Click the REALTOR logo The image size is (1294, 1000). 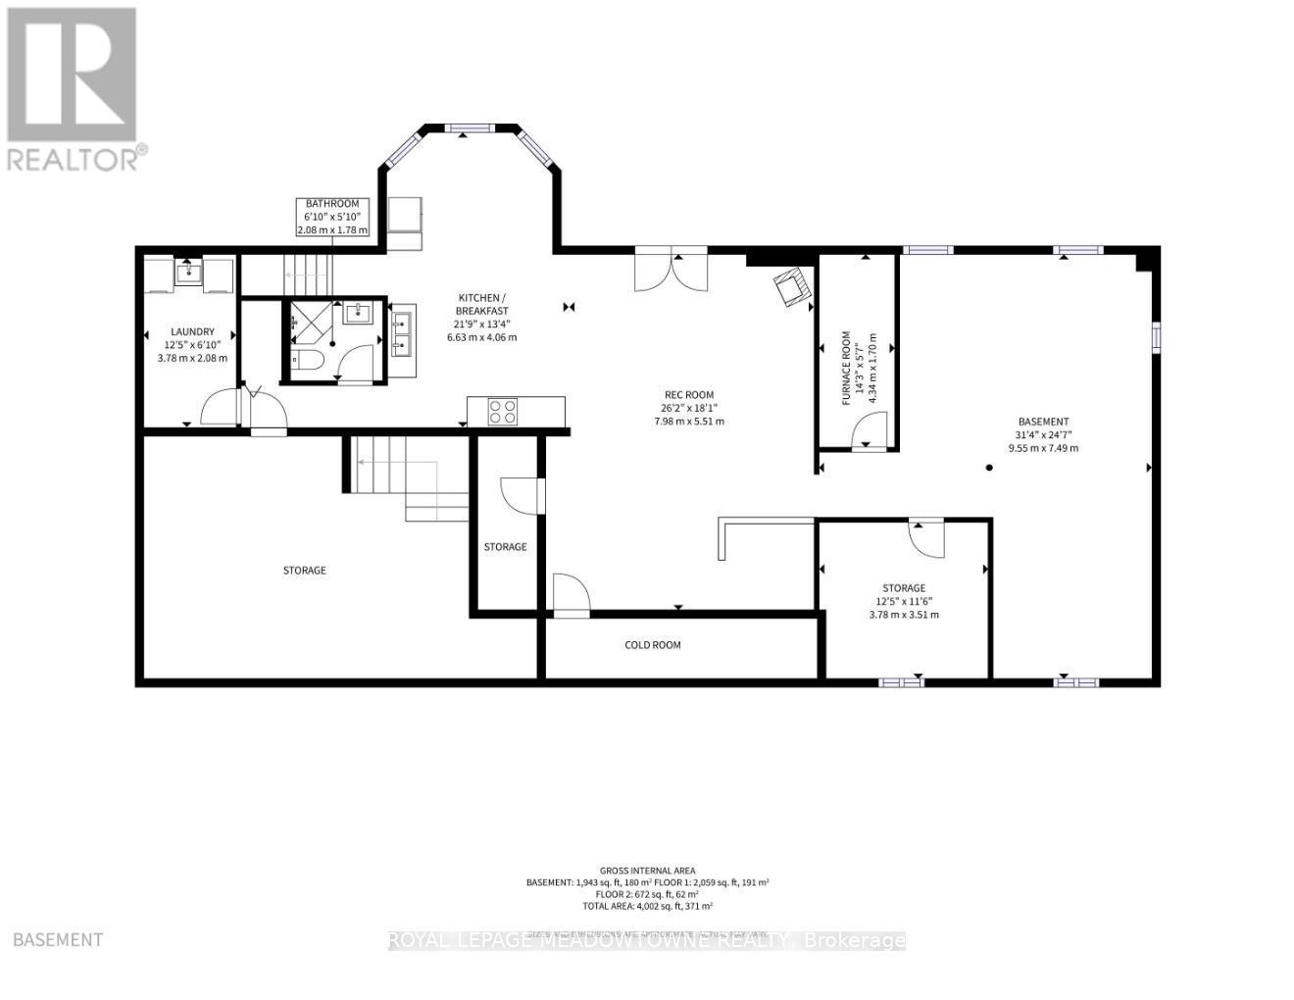73,88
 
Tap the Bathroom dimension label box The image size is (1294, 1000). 332,217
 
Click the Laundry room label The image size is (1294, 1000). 192,345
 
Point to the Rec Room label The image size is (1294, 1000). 688,408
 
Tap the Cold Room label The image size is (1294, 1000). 653,645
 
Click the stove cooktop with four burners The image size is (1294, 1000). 503,412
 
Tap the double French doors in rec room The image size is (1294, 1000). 671,272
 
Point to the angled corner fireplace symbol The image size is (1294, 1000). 791,287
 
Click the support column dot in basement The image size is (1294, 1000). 989,468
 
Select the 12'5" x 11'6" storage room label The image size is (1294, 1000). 903,601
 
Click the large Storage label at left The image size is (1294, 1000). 304,571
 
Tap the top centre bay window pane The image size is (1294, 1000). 468,127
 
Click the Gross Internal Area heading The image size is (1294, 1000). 648,871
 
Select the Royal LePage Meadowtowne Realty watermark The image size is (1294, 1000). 647,941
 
